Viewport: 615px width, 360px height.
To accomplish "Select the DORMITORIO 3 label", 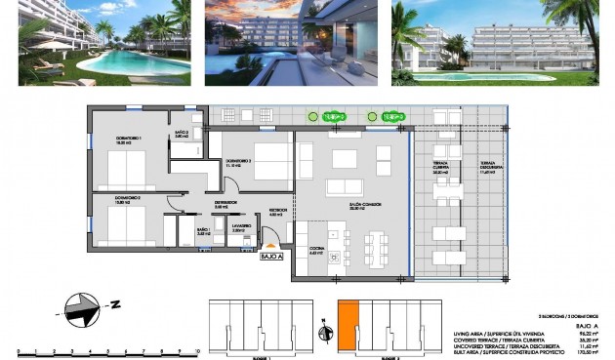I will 239,163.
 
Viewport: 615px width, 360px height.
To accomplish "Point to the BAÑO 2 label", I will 181,134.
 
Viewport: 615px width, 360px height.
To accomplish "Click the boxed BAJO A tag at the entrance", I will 272,258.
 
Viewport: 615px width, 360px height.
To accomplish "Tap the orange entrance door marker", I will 274,243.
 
